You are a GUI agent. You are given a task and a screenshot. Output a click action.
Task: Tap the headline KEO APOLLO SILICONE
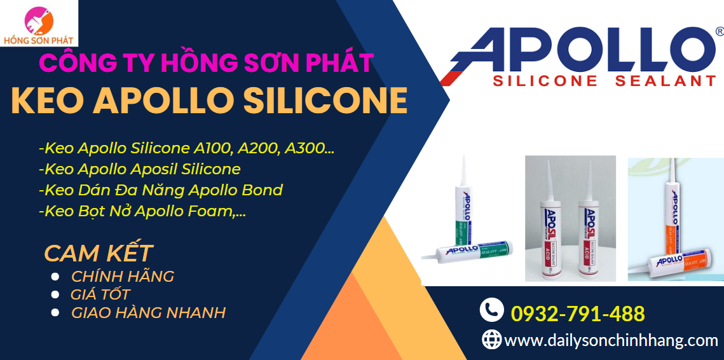[209, 100]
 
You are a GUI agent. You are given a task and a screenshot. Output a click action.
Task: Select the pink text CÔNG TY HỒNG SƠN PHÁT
[207, 63]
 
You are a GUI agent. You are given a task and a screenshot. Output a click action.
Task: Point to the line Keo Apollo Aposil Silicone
[140, 169]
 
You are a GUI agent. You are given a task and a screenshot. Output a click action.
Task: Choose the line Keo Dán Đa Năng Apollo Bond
[161, 190]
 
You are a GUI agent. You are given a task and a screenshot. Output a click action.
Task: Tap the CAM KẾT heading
[99, 253]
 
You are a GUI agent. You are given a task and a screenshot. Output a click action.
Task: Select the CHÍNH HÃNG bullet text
[122, 276]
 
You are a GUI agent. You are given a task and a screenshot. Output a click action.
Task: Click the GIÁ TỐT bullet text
[100, 294]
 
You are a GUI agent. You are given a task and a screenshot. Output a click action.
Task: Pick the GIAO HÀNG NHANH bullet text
[148, 312]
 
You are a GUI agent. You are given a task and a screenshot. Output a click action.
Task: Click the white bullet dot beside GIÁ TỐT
[55, 294]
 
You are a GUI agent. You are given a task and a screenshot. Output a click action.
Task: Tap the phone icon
[491, 310]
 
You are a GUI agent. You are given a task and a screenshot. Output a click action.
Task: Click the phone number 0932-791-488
[578, 314]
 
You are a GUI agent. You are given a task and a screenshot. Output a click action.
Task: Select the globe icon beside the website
[491, 339]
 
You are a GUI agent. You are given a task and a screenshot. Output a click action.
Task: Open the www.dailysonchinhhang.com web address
[611, 340]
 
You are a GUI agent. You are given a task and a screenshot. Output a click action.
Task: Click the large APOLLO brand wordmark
[578, 50]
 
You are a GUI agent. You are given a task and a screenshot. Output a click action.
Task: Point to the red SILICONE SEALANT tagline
[604, 81]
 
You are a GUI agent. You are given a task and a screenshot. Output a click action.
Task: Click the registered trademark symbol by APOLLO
[719, 31]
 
